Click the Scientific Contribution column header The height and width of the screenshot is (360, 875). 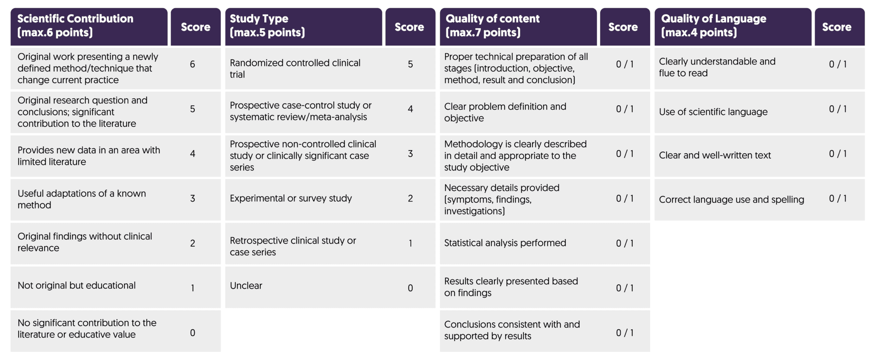pos(89,26)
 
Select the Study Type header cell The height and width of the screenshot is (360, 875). pos(303,26)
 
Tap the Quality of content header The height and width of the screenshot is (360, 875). pos(518,26)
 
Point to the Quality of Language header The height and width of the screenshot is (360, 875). pos(732,26)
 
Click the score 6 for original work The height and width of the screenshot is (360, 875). pos(192,64)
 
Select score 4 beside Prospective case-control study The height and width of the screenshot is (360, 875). pos(410,109)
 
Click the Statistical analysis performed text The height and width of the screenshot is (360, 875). pos(505,243)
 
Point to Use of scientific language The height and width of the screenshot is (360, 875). pos(713,112)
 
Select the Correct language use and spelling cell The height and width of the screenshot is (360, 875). pos(731,200)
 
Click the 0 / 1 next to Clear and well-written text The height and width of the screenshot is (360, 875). pos(838,154)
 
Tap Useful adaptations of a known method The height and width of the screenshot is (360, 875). pos(82,199)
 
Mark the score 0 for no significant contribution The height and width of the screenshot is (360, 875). pos(192,333)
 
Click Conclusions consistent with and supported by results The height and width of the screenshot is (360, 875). pos(512,330)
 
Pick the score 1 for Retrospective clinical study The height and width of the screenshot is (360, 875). pos(410,244)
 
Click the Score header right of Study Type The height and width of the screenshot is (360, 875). pos(409,27)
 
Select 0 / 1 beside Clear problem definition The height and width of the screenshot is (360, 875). pos(625,109)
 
